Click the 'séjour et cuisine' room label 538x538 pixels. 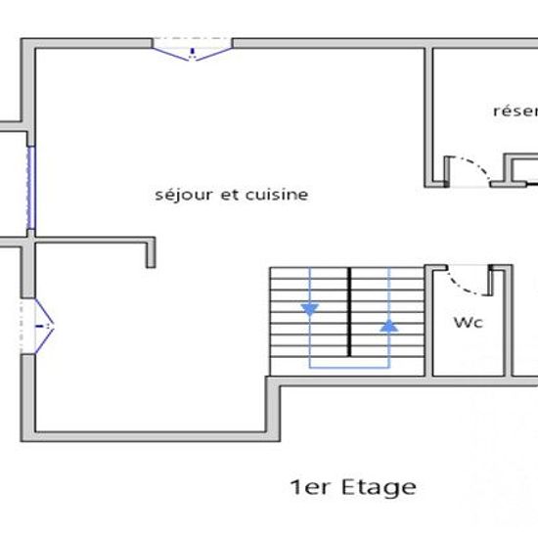pyautogui.click(x=232, y=195)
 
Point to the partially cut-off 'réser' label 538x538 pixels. pyautogui.click(x=515, y=111)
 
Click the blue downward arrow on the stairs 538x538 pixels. pyautogui.click(x=310, y=310)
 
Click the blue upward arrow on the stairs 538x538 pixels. pyautogui.click(x=389, y=325)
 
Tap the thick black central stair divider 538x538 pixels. pyautogui.click(x=349, y=310)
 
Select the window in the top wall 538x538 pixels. pyautogui.click(x=192, y=48)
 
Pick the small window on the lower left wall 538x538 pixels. pyautogui.click(x=38, y=323)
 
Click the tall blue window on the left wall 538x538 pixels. pyautogui.click(x=31, y=188)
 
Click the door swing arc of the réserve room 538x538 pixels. pyautogui.click(x=473, y=167)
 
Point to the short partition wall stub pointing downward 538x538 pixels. pyautogui.click(x=151, y=252)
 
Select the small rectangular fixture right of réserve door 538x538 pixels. pyautogui.click(x=519, y=168)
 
